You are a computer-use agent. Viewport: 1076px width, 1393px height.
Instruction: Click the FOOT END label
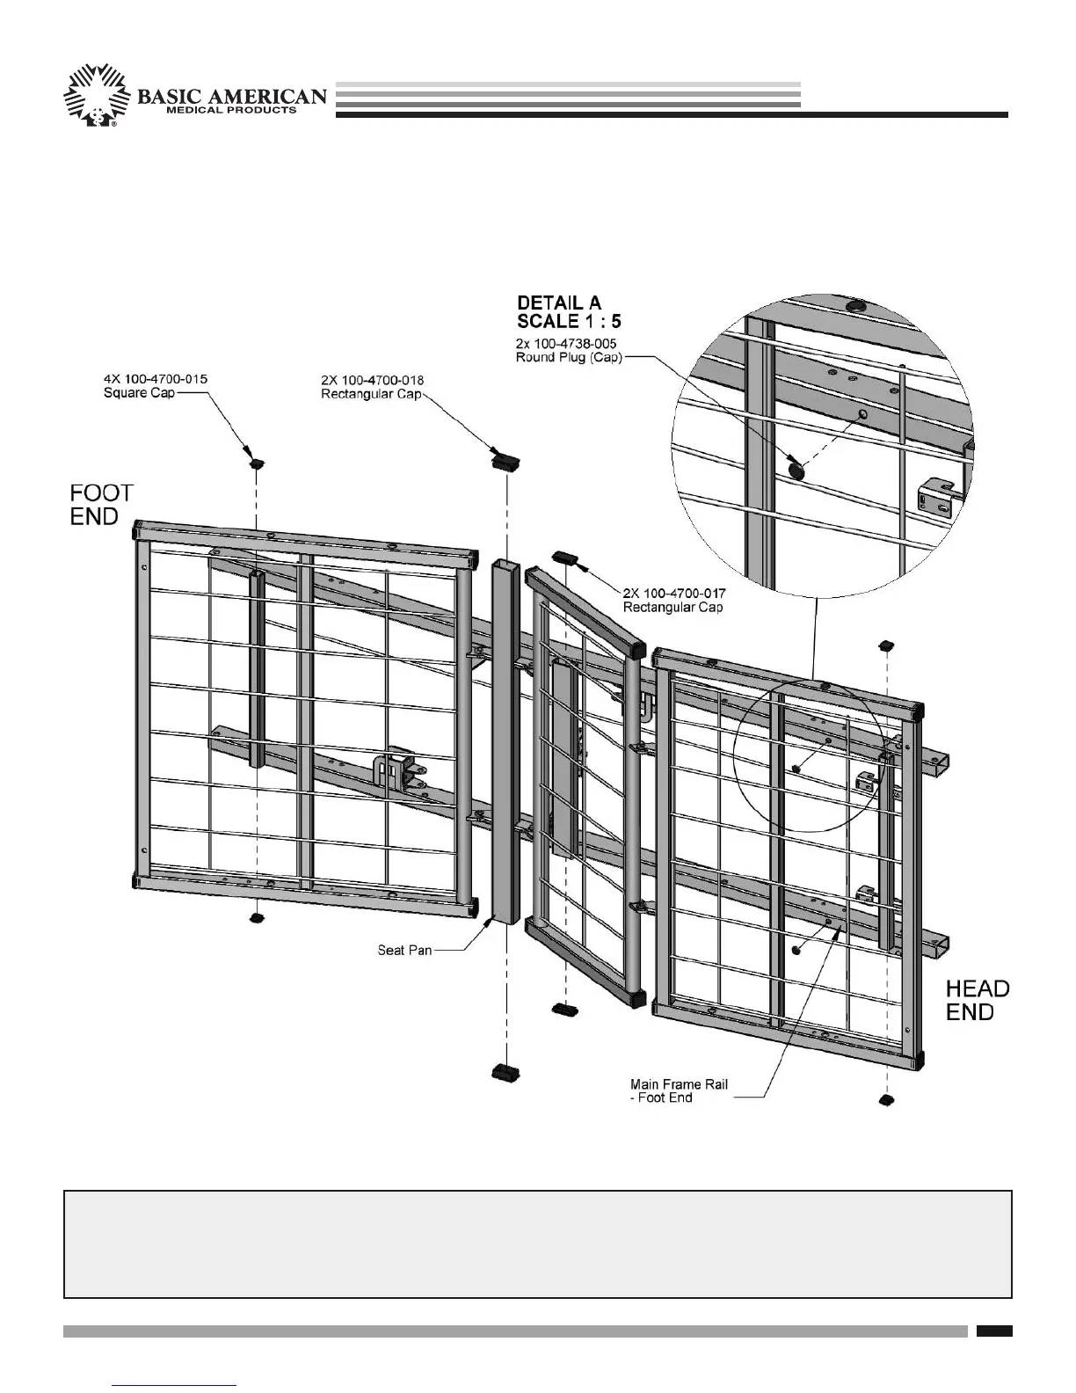(101, 505)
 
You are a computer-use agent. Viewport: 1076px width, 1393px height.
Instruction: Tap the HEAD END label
(977, 1000)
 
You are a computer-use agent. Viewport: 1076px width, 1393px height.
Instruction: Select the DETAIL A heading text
(559, 304)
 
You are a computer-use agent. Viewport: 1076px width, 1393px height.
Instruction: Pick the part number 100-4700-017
(674, 594)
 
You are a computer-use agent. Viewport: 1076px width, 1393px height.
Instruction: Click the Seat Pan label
(404, 950)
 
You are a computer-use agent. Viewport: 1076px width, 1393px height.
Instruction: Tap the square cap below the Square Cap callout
(258, 463)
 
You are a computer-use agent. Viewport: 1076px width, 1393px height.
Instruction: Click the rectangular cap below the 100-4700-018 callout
(505, 460)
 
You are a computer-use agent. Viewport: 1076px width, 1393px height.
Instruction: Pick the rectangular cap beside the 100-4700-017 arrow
(563, 558)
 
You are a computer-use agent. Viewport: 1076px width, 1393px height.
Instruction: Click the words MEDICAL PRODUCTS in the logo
(232, 110)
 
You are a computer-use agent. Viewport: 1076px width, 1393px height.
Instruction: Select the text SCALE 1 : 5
(569, 322)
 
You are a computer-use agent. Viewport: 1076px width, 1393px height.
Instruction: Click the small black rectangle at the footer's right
(994, 1331)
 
